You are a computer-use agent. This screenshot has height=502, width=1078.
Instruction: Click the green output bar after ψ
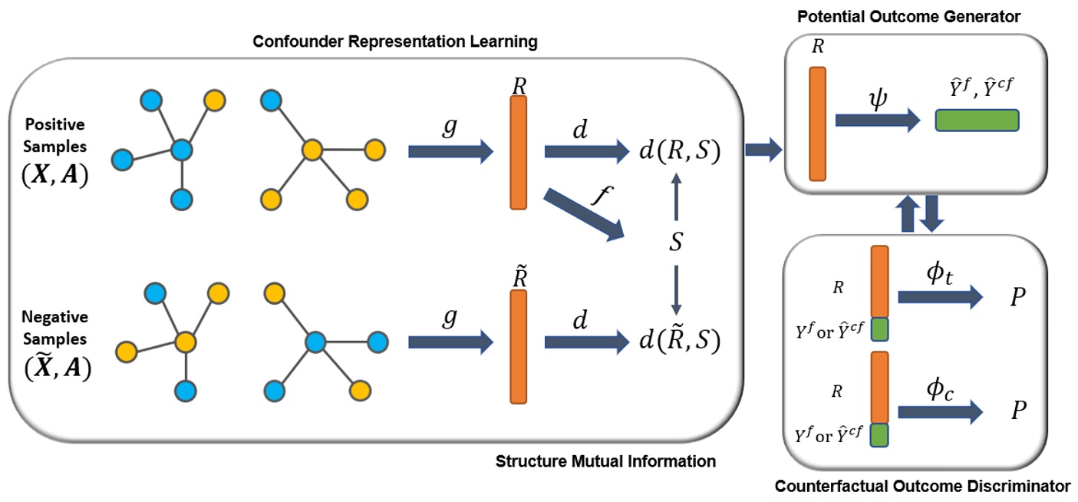[x=977, y=121]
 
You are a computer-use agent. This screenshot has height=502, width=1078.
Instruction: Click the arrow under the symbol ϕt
[x=940, y=296]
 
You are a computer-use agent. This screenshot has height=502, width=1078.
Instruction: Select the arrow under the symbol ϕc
[x=940, y=413]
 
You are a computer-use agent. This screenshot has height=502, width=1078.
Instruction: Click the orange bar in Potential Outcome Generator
[x=817, y=124]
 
